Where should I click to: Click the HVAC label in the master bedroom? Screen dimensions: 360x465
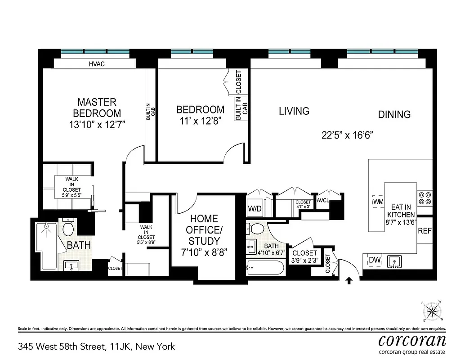(97, 64)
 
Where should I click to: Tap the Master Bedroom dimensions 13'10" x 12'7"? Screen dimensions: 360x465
(97, 125)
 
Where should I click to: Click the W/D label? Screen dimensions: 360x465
(255, 209)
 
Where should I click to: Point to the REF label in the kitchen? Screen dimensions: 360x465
(425, 231)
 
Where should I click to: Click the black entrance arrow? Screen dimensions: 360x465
(349, 281)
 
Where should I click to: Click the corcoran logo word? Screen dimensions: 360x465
(412, 339)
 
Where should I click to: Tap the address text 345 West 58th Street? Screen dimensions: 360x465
(96, 346)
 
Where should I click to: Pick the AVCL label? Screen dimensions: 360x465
(323, 201)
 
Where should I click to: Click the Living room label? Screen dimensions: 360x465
(294, 111)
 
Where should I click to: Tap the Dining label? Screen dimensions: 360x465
(394, 114)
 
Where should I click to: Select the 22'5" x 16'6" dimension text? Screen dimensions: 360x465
(347, 135)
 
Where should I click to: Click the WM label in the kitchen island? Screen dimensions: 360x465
(378, 202)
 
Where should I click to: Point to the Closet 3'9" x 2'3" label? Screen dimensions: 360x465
(304, 256)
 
